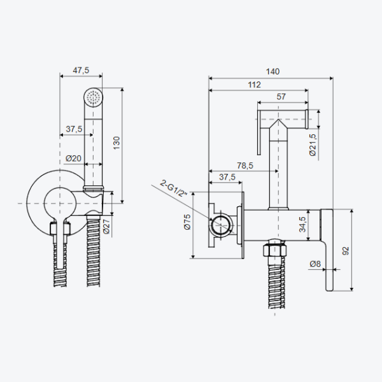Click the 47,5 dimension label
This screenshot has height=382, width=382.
coord(81,71)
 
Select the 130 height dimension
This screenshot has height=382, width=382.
coord(117,143)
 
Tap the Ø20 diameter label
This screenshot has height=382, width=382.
coord(73,159)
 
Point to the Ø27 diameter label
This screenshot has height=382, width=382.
coord(106,227)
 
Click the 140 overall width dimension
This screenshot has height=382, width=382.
coord(272,71)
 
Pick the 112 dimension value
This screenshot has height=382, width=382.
coord(254,85)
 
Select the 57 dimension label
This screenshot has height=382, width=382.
coord(281,97)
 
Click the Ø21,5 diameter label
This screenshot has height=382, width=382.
coord(313,145)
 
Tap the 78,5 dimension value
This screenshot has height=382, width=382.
coord(245,166)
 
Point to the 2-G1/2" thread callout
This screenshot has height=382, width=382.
coord(174,188)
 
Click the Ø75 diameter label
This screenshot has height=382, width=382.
coord(188,222)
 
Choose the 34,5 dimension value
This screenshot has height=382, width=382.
coord(302,224)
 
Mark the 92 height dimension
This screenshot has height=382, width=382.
coord(346,251)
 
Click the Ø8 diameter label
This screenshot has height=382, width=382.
coord(315,264)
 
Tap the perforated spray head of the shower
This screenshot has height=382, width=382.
coord(94,97)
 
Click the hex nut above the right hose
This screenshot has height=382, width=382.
coord(275,248)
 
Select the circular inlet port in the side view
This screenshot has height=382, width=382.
coord(221,225)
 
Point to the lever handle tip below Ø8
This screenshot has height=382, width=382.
coord(329,288)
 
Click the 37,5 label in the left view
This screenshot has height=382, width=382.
coord(74,129)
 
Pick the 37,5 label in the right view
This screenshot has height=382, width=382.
coord(227,177)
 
